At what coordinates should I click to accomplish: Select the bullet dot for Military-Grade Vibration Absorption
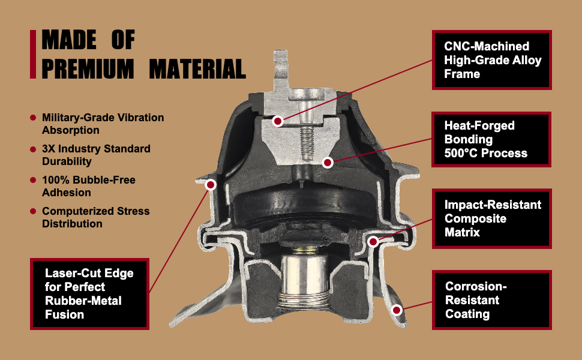click(x=33, y=118)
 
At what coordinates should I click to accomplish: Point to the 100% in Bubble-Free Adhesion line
click(x=55, y=180)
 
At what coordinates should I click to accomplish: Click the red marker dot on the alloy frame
click(x=277, y=121)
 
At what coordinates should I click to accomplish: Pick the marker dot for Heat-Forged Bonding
click(x=327, y=162)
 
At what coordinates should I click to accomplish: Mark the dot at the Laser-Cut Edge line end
click(x=211, y=185)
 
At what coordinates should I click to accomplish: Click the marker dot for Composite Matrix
click(x=373, y=242)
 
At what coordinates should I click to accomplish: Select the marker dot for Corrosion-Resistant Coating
click(x=397, y=310)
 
